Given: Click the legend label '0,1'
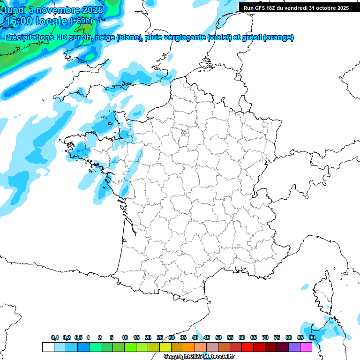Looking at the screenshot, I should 55,337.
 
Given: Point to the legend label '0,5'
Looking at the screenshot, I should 78,337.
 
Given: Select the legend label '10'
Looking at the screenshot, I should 125,337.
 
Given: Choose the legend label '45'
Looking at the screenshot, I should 207,337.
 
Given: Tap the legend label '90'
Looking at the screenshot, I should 312,337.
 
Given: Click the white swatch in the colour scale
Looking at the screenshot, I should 48,347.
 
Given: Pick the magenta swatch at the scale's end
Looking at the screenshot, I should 306,347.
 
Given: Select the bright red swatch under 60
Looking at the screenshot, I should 247,347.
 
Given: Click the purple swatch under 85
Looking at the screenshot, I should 294,347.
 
